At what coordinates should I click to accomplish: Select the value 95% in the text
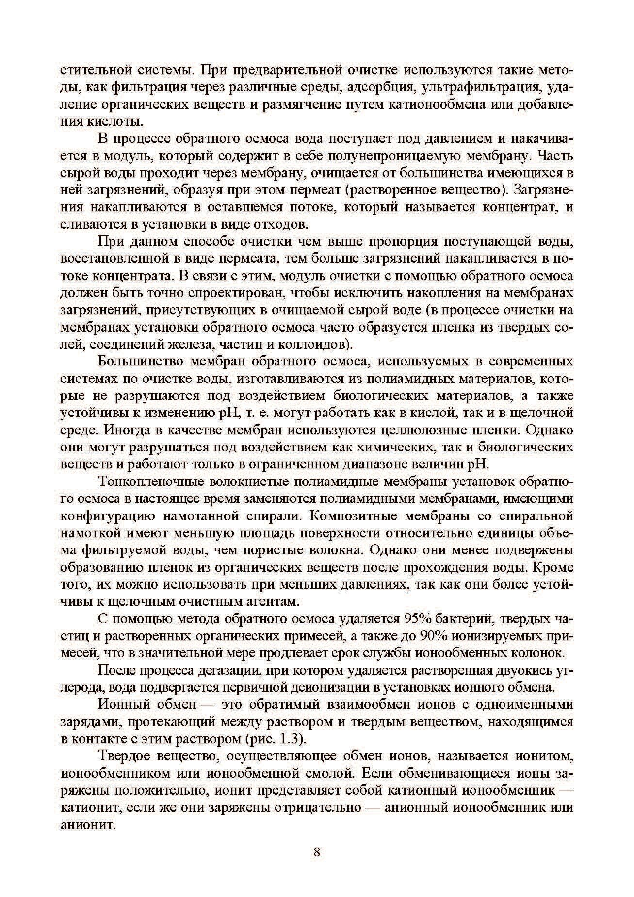coord(415,619)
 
